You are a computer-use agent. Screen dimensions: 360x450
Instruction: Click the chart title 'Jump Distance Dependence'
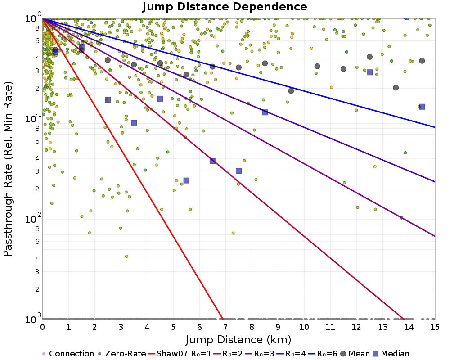[225, 7]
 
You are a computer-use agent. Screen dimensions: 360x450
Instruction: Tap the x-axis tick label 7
[225, 326]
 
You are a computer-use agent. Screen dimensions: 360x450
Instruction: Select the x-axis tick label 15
[435, 326]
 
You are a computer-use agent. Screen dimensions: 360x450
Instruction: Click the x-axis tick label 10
[304, 326]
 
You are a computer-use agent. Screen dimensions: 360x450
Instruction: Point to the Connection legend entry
[67, 354]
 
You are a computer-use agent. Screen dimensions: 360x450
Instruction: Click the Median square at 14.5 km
[422, 107]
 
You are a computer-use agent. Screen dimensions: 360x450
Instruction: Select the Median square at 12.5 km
[369, 72]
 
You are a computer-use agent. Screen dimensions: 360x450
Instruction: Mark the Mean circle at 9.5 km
[291, 90]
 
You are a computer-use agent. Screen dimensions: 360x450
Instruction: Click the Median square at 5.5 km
[186, 180]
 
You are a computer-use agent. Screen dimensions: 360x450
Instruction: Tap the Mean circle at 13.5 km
[396, 88]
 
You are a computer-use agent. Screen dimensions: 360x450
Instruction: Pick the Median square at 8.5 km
[265, 112]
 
